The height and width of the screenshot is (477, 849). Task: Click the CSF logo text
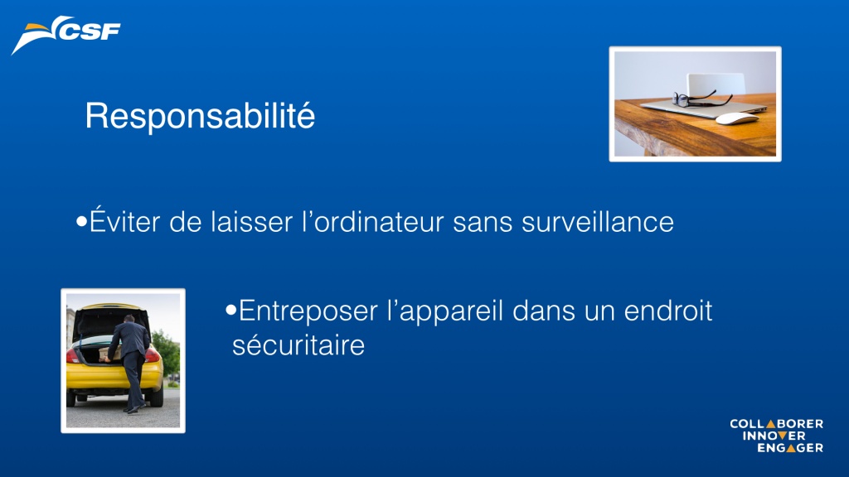(90, 31)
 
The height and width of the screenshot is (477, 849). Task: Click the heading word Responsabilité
(200, 116)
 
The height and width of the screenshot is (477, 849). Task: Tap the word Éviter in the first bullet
(125, 220)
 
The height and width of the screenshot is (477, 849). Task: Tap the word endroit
(668, 311)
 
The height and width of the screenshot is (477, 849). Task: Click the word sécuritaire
(298, 345)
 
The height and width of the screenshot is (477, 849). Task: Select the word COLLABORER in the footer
(776, 424)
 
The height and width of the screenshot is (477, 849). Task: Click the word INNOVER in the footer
(774, 436)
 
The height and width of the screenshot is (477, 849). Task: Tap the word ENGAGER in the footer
(790, 448)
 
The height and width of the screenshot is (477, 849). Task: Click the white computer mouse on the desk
(737, 118)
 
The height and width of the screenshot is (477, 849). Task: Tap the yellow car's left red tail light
(72, 355)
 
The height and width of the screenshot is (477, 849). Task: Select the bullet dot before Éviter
(82, 221)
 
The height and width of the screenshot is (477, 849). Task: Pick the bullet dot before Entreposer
(231, 310)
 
